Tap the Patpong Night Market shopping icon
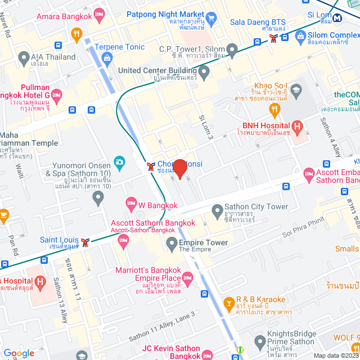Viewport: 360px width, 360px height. [211, 19]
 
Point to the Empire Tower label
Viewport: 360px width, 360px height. [204, 242]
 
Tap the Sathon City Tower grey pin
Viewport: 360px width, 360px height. [217, 211]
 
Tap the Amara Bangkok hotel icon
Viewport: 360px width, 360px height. [100, 13]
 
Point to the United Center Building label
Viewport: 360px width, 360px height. [158, 71]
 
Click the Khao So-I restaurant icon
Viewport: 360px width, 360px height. [274, 109]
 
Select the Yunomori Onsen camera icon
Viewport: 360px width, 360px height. [119, 163]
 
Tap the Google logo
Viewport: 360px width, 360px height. [19, 353]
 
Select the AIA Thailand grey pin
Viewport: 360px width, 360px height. [23, 57]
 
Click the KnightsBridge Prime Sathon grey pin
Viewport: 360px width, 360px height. [260, 341]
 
